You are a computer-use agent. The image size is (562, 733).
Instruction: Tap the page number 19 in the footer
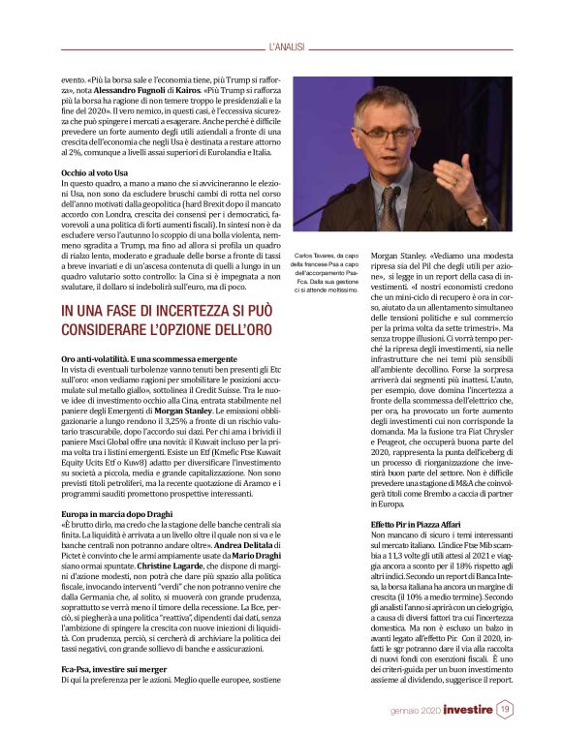point(505,710)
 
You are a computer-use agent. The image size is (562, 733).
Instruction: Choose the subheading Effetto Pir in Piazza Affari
point(418,524)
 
